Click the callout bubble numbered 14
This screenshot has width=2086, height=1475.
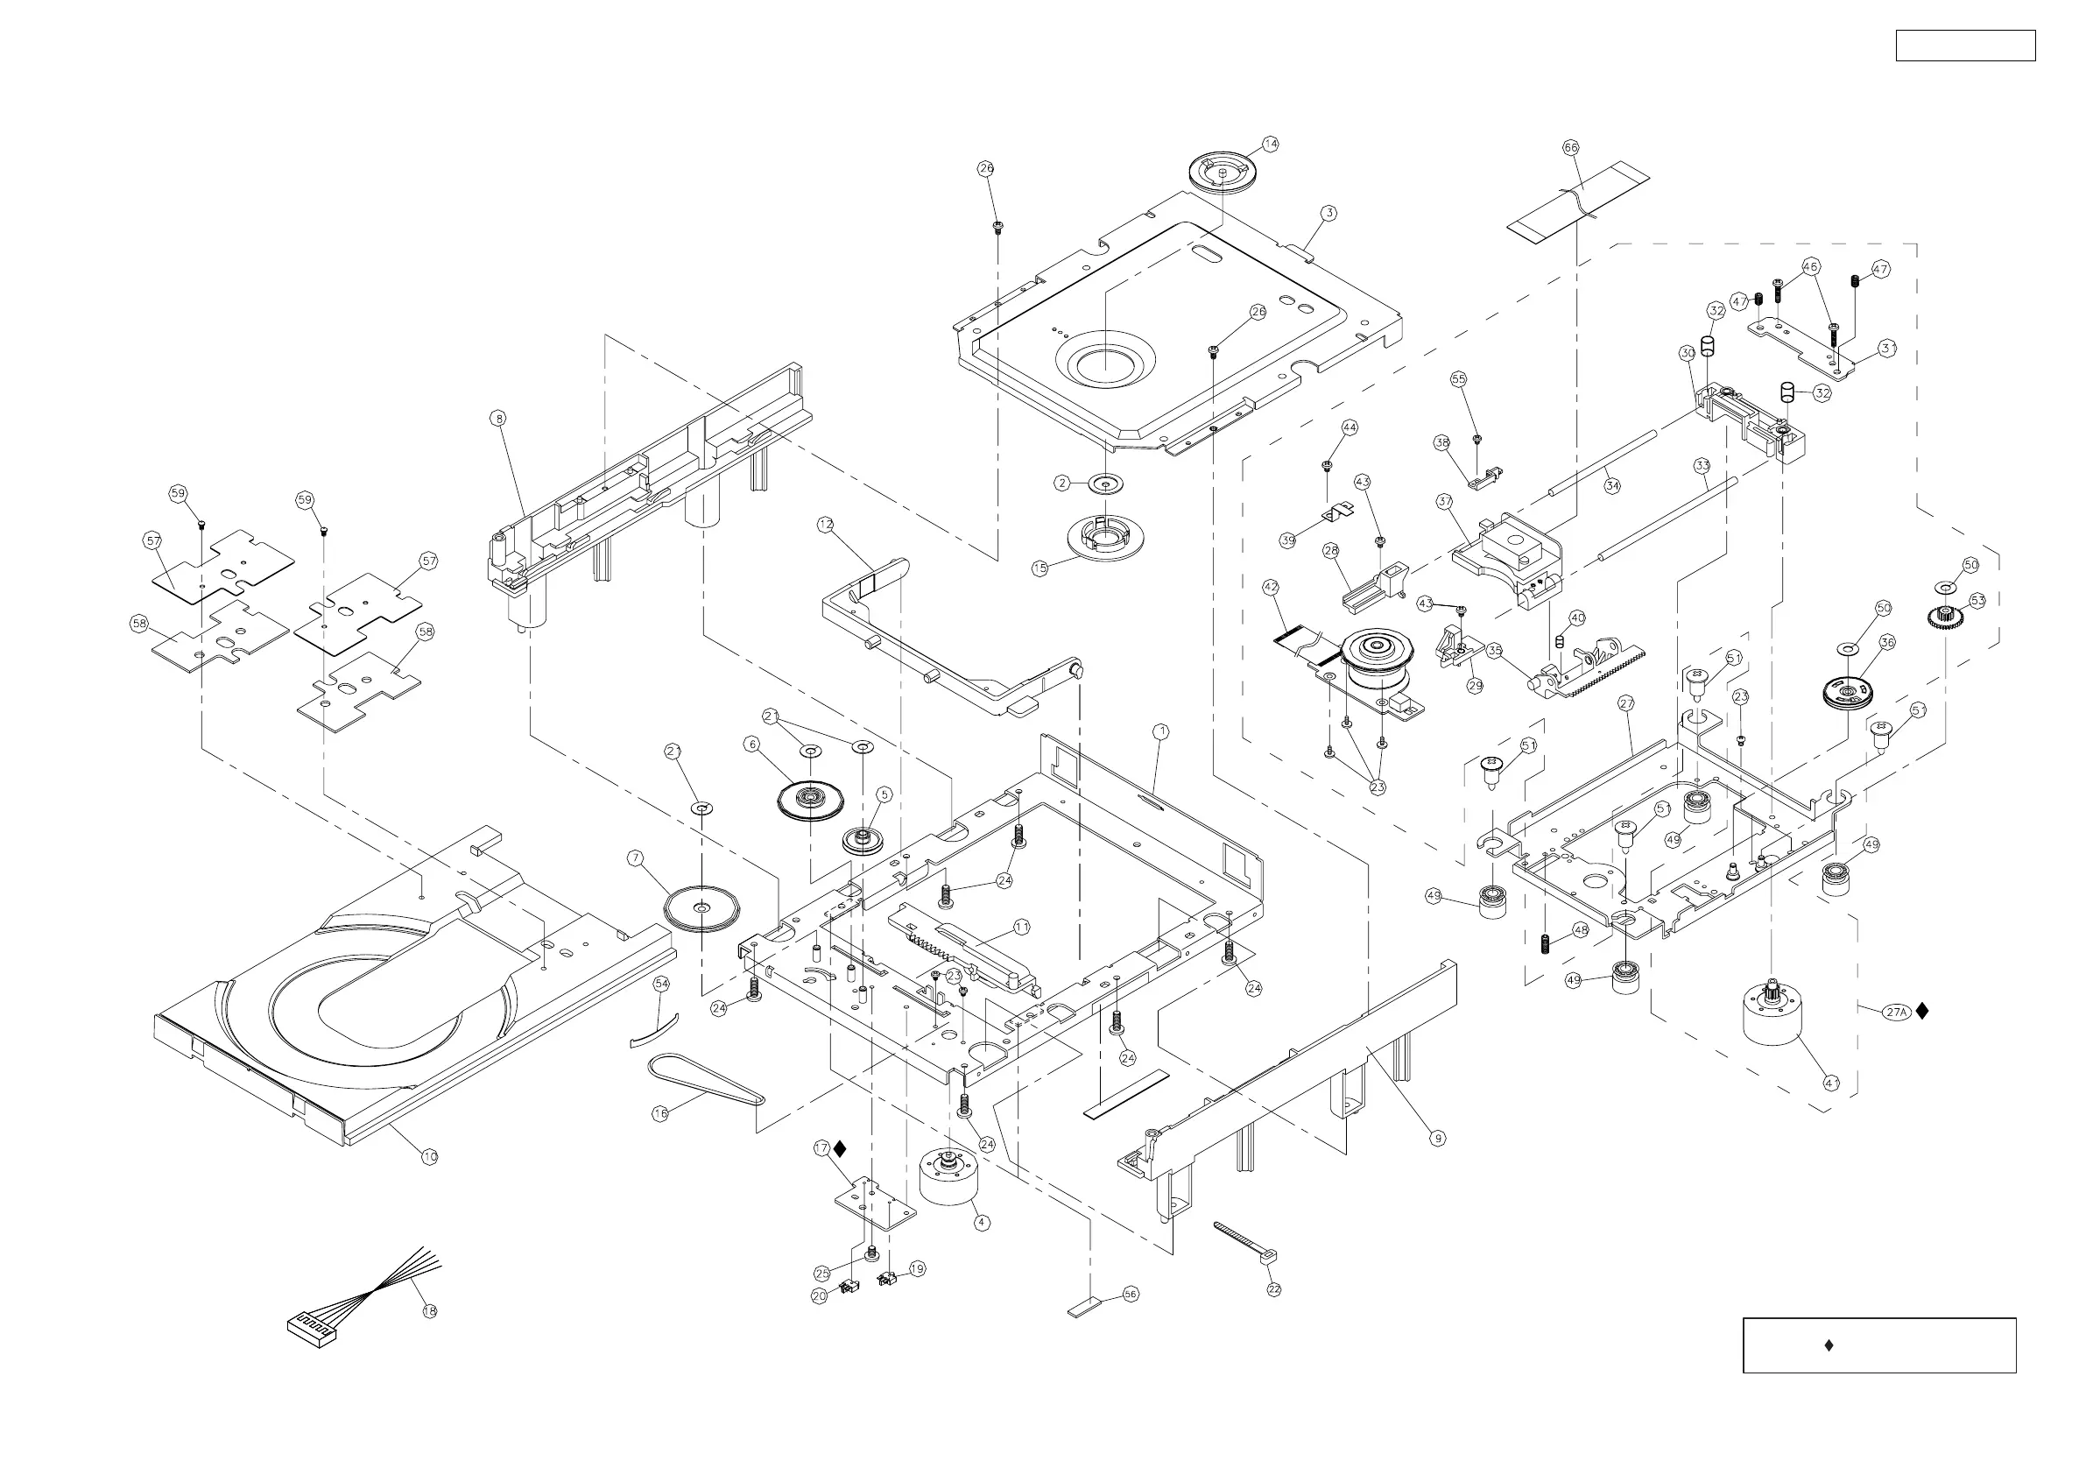(x=1270, y=144)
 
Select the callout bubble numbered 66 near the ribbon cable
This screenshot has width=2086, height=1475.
(x=1571, y=147)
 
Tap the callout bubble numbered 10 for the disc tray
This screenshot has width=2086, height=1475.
(x=430, y=1156)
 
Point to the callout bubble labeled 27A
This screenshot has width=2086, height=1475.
(x=1896, y=1012)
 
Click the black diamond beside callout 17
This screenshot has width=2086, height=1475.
(x=840, y=1149)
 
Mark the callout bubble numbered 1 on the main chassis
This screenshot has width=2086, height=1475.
(x=1160, y=730)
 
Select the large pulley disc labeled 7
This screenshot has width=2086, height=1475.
(x=701, y=908)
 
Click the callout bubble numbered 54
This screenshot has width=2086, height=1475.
(x=661, y=985)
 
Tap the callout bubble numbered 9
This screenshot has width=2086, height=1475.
(x=1436, y=1137)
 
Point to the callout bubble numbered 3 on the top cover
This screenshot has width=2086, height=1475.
(x=1329, y=214)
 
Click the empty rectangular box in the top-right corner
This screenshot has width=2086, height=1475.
(x=1965, y=46)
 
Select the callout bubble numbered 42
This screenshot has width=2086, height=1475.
(x=1270, y=588)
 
